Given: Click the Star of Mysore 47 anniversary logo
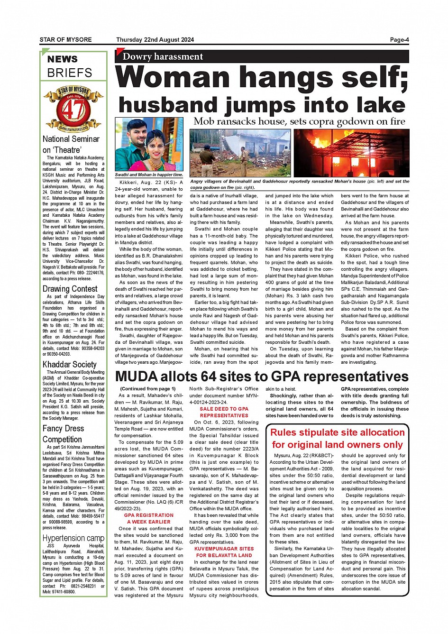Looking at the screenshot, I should [x=73, y=109].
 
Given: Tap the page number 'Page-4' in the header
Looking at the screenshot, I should [x=399, y=40].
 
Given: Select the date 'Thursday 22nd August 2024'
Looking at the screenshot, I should [x=155, y=40].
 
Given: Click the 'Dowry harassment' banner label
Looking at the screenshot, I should [x=163, y=57].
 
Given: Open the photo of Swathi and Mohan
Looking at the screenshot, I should [x=149, y=144].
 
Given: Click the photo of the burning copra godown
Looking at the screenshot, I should [x=351, y=153].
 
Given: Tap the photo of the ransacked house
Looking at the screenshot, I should [x=240, y=153].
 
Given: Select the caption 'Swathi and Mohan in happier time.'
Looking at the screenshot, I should [x=149, y=175].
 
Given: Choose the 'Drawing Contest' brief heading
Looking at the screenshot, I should [x=70, y=289].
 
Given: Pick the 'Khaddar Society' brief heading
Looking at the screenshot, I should [x=69, y=364].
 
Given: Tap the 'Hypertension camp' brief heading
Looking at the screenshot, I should [x=73, y=538].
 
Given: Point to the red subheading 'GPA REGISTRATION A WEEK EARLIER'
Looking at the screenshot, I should [x=149, y=518].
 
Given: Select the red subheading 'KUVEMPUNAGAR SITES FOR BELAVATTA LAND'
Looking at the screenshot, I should [x=224, y=552].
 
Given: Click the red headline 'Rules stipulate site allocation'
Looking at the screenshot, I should [x=338, y=432].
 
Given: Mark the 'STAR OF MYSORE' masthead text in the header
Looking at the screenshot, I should [x=65, y=40].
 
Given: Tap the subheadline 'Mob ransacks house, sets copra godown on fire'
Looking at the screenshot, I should [x=299, y=121].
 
